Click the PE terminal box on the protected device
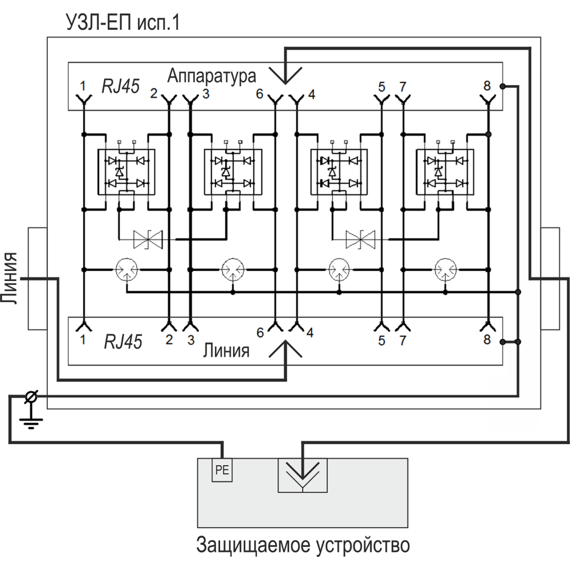click(x=222, y=471)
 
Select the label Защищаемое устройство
click(x=303, y=545)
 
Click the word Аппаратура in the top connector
click(x=212, y=76)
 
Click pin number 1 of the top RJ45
click(x=83, y=87)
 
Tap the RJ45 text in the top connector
click(x=120, y=86)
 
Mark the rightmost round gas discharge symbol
click(x=445, y=268)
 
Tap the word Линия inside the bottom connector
click(x=226, y=351)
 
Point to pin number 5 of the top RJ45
click(x=381, y=87)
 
